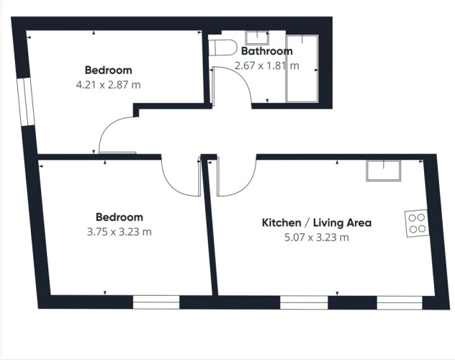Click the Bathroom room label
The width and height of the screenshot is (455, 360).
point(267,51)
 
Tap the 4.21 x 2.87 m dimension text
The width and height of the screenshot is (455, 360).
point(108,85)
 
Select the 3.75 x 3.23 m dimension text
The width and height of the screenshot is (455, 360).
point(120,232)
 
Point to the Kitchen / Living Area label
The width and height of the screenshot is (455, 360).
point(317,222)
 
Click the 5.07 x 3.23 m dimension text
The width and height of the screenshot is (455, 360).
point(317,238)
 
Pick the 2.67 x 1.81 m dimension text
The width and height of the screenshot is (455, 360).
point(266,66)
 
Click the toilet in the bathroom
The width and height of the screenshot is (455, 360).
point(223,48)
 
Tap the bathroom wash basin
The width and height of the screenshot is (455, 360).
point(257,38)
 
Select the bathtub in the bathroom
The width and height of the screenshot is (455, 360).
point(302,68)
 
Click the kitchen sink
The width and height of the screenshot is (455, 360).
point(383,171)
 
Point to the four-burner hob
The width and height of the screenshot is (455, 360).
point(417,223)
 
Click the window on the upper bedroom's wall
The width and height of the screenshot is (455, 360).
point(25,102)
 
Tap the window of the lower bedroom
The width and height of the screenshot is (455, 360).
point(156,302)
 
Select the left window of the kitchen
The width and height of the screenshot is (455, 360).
point(304,302)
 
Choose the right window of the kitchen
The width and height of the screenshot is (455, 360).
point(400,303)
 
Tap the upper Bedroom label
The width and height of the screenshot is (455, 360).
point(108,71)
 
